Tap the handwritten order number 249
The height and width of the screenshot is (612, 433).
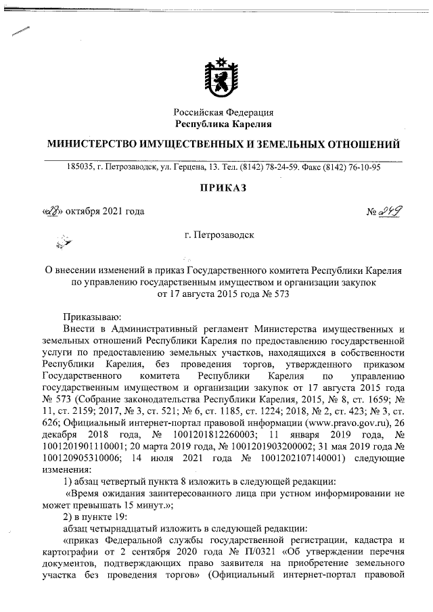(x=390, y=212)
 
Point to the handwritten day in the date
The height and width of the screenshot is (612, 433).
(x=52, y=212)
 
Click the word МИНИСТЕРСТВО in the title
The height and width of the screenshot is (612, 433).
(x=91, y=145)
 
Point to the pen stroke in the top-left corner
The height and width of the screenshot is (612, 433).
(x=18, y=32)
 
